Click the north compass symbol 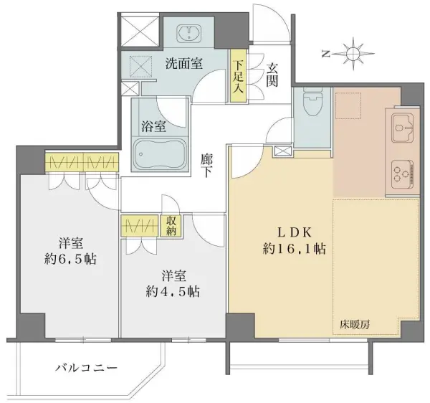[x=350, y=53]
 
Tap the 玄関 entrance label [x=273, y=75]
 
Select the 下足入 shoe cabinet [x=237, y=75]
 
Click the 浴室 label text [x=156, y=126]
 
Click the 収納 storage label [x=171, y=226]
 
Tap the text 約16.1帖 [x=295, y=250]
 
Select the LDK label [x=295, y=232]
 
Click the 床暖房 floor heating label [x=355, y=325]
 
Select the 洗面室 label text [x=183, y=63]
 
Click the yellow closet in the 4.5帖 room [x=140, y=226]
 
